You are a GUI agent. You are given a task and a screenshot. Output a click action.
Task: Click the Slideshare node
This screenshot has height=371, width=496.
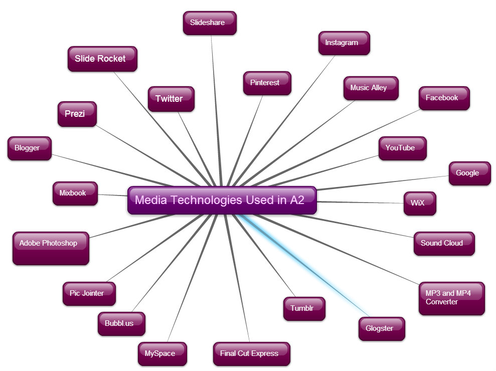coord(210,23)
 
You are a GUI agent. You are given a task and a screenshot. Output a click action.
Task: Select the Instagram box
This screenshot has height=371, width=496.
coord(344,43)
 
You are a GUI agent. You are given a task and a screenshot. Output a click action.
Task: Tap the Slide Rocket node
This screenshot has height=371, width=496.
coord(102,59)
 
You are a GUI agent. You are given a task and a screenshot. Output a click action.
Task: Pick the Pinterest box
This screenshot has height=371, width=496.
coord(267,83)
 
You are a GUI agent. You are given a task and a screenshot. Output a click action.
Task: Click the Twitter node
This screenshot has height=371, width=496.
coord(171,99)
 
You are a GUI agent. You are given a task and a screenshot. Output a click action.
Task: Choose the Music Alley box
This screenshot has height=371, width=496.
coord(371,88)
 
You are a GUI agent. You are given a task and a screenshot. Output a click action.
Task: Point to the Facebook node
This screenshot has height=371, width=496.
coord(444,98)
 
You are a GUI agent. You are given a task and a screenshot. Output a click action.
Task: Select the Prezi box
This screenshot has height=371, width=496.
coord(77,114)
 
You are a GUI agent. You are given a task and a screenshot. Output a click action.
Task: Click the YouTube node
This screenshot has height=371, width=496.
coord(402,148)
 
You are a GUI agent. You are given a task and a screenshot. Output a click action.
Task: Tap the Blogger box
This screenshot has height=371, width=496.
coord(29,148)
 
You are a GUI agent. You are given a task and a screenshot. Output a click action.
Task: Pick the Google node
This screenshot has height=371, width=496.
coord(469,173)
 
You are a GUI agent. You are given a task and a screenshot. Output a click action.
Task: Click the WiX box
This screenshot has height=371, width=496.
coord(420,204)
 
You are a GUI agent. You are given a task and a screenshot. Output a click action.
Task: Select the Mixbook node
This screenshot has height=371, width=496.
coord(75,194)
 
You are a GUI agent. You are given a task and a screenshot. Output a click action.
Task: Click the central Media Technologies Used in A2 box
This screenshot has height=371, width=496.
coord(222,201)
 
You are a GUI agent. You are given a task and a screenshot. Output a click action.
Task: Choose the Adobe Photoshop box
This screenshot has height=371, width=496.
coord(51,248)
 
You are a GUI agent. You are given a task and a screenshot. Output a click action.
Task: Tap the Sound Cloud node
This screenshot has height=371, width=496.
coord(444,244)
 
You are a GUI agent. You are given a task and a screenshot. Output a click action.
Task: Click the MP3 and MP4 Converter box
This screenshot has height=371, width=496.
coord(451,298)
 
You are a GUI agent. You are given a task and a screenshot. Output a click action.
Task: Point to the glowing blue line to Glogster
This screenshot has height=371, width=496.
coord(301,266)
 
